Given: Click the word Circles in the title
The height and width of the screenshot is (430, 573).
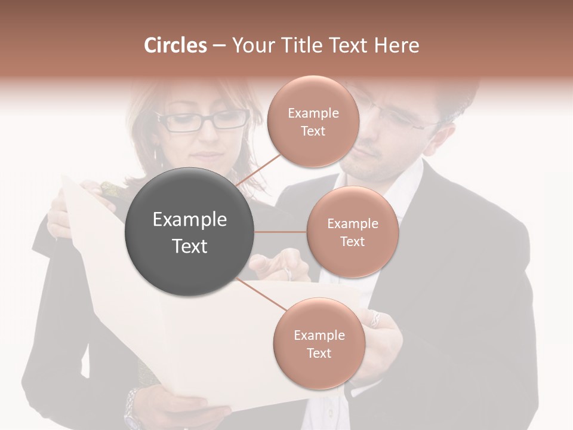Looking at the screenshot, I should point(175,45).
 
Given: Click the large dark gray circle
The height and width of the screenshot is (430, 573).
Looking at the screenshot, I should point(190,232).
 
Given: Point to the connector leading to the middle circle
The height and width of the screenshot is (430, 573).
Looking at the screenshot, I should point(281,232).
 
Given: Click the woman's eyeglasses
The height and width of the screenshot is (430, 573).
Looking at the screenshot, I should point(204,121).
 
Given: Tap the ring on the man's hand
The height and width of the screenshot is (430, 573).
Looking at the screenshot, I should point(375,317).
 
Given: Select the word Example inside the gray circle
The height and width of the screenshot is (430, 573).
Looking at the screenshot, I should point(190,220).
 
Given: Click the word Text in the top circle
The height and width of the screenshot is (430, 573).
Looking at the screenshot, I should point(313,131).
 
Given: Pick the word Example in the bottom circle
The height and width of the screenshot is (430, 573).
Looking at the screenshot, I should point(319,335).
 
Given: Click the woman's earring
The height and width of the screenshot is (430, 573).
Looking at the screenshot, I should point(156,155).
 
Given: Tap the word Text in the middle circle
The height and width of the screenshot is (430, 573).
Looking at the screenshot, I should point(352,242).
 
